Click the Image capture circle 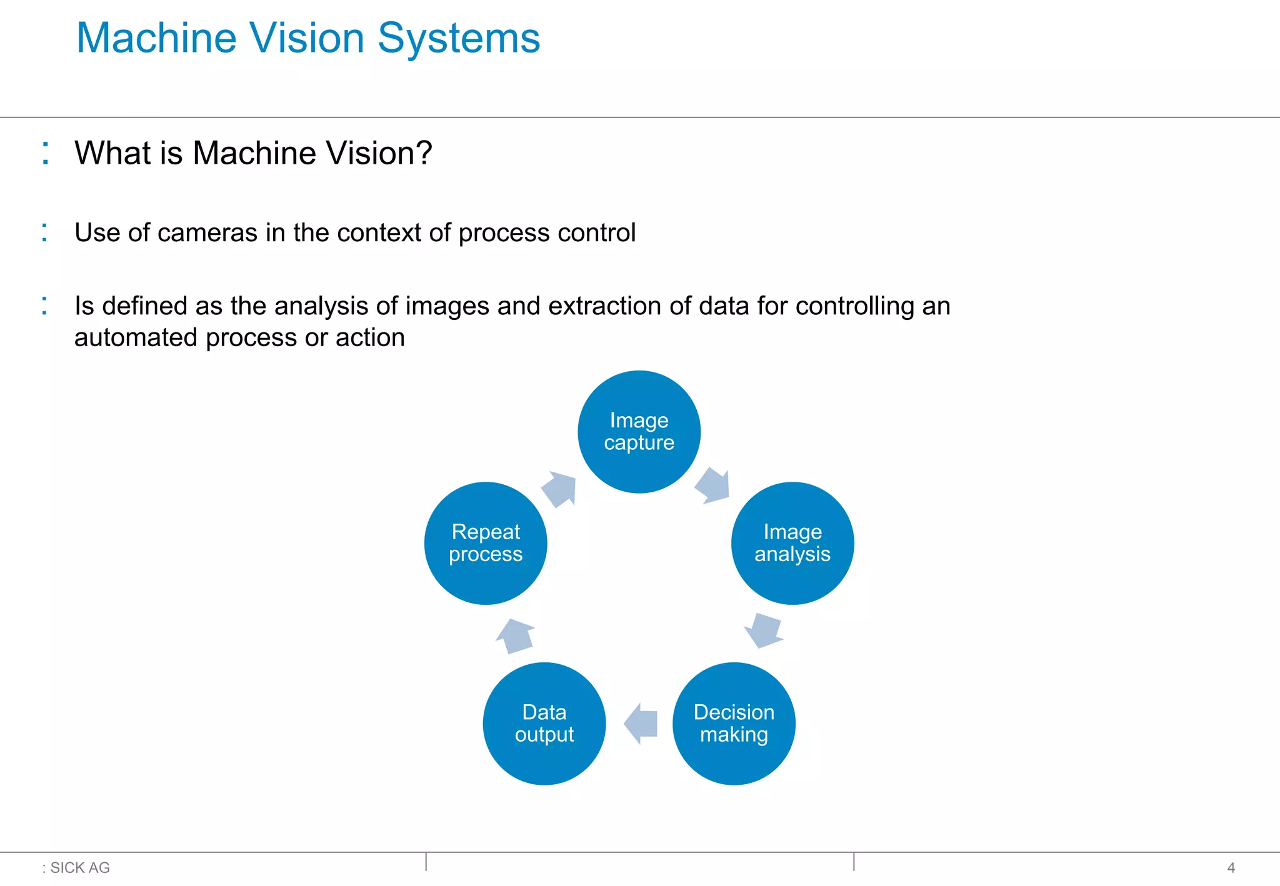click(x=639, y=432)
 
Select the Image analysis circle click(x=792, y=543)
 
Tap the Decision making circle click(x=734, y=724)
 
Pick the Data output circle click(x=544, y=724)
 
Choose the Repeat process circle click(x=486, y=543)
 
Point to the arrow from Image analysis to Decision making click(x=764, y=630)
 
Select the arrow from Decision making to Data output click(x=641, y=724)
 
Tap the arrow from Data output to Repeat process click(x=515, y=635)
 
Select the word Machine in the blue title click(x=156, y=39)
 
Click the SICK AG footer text click(x=79, y=868)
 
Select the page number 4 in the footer click(x=1231, y=868)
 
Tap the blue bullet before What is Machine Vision click(x=45, y=153)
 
